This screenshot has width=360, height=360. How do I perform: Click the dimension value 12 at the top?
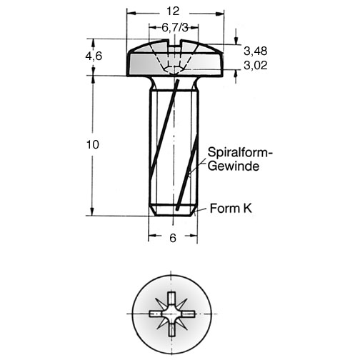(173, 11)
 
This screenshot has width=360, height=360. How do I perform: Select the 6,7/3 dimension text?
(175, 28)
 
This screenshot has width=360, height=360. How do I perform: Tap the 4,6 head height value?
(94, 56)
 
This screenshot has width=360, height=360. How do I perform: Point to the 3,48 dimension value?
(256, 51)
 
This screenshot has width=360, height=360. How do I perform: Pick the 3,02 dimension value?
(256, 66)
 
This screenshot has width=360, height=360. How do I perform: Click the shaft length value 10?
(93, 145)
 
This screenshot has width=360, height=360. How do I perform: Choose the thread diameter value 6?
(173, 238)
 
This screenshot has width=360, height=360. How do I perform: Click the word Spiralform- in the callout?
(240, 152)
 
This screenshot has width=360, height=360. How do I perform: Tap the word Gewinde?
(234, 166)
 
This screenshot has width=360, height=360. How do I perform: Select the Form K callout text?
(231, 209)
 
